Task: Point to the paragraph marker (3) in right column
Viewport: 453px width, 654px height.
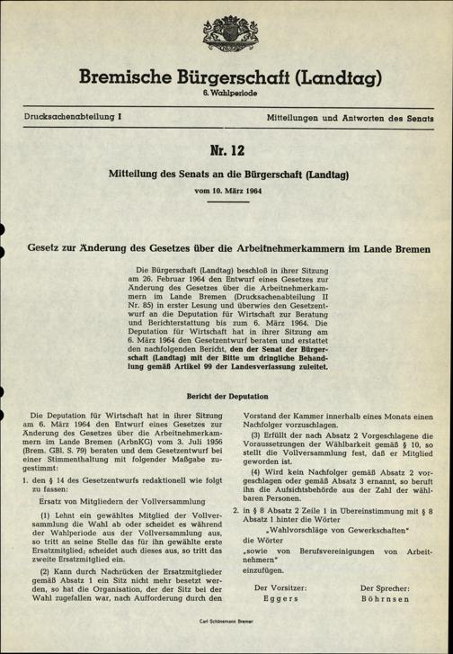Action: [259, 436]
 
